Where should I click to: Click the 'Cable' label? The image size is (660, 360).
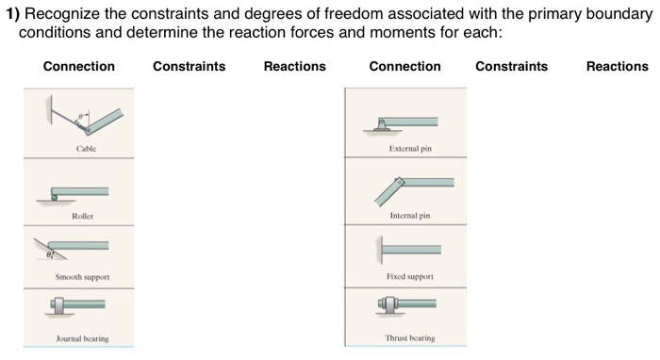(x=86, y=149)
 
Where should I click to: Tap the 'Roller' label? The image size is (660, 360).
(x=82, y=216)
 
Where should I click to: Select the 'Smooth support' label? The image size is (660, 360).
(x=83, y=277)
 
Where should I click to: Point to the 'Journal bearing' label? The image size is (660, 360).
(x=83, y=338)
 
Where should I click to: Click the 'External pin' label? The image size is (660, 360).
(x=409, y=149)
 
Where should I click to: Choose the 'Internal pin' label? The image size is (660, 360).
(x=409, y=216)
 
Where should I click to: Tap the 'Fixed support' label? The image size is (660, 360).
(x=409, y=277)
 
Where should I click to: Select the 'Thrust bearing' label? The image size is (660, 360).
(x=409, y=338)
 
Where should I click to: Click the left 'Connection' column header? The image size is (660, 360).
(x=79, y=67)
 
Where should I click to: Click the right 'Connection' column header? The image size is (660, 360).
(x=404, y=67)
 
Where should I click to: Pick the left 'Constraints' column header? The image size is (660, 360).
(x=189, y=67)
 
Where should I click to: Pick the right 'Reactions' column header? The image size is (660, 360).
(x=617, y=67)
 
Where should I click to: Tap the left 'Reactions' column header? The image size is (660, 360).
(x=294, y=67)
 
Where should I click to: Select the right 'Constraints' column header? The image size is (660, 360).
(x=511, y=67)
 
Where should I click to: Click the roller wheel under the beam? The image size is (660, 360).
(x=56, y=196)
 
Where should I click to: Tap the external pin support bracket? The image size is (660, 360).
(x=382, y=124)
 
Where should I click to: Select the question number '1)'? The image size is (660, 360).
(x=14, y=14)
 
